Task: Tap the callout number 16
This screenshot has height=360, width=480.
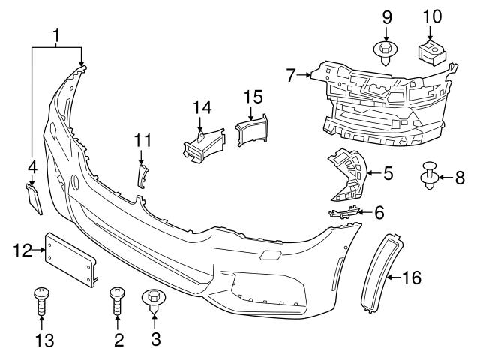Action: coord(412,278)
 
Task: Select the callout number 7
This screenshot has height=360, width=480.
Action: coord(292,74)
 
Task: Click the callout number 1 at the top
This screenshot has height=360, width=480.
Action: coord(57,34)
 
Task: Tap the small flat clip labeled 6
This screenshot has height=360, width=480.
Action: coord(343,214)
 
